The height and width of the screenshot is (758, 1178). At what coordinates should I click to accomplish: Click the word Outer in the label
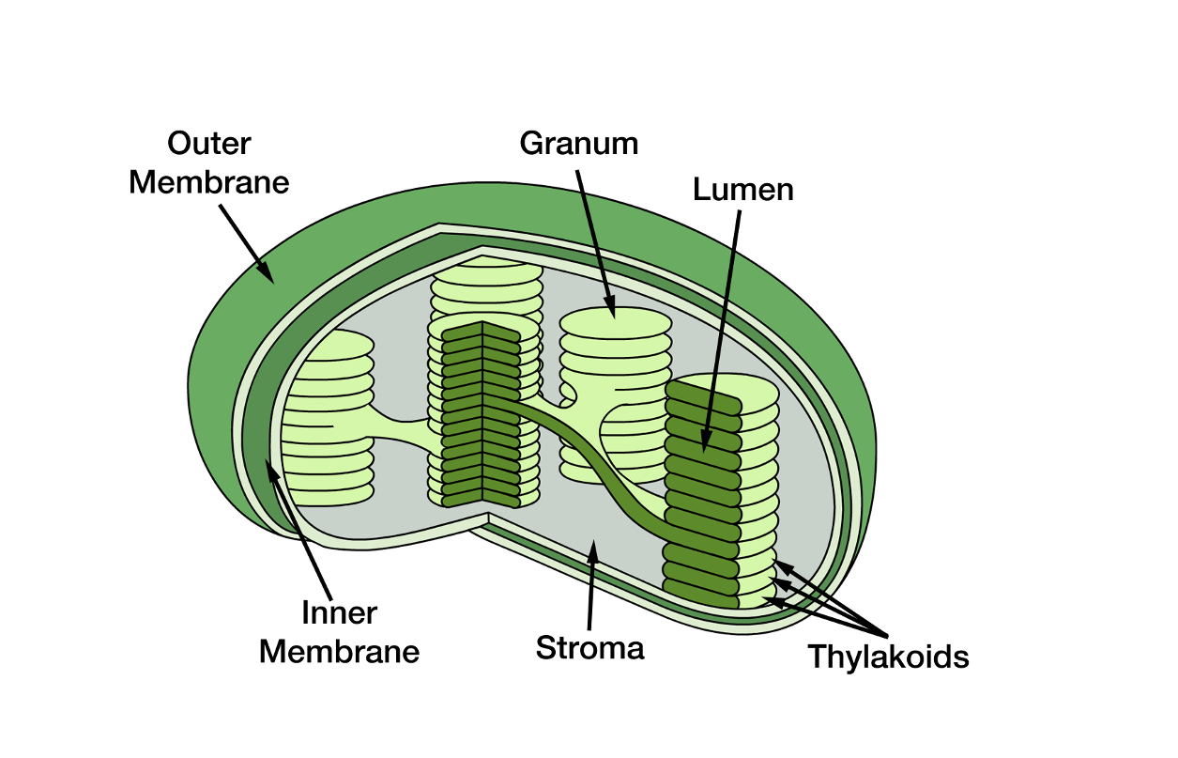(x=209, y=144)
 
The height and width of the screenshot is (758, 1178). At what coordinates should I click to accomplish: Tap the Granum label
(x=579, y=144)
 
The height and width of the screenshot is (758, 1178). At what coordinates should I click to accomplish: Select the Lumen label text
(x=743, y=190)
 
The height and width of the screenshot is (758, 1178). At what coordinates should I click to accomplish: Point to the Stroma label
(x=589, y=647)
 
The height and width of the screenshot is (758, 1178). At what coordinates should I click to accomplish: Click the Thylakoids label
(x=888, y=657)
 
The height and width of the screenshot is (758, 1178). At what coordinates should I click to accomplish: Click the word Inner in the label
(x=339, y=613)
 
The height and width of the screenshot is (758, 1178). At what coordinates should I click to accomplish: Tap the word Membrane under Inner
(x=339, y=651)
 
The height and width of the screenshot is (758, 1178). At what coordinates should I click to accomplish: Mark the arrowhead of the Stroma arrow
(x=592, y=548)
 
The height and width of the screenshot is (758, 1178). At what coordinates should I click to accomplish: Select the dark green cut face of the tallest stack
(x=480, y=413)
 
